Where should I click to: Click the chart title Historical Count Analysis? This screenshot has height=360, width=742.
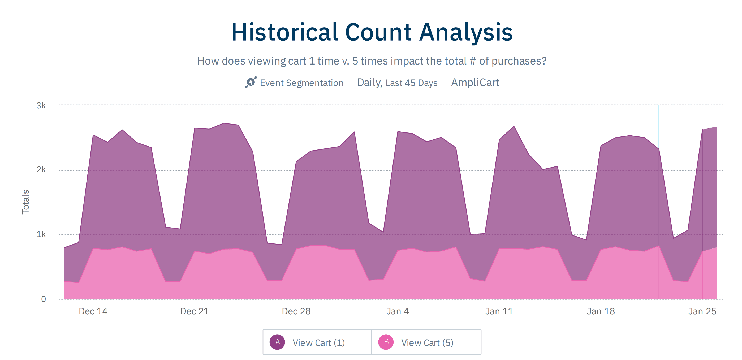coord(372,32)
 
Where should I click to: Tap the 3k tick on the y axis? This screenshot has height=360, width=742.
coord(41,105)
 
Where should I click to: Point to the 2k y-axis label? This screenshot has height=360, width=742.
coord(41,169)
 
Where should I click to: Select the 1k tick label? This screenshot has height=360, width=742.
coord(41,234)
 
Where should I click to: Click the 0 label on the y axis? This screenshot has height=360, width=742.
coord(44,299)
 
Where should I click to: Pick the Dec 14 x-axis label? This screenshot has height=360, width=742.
coord(93,311)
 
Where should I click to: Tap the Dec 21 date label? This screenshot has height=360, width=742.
coord(195,311)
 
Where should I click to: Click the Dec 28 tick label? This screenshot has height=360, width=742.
coord(296,311)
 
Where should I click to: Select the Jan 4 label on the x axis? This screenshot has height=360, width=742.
coord(398,311)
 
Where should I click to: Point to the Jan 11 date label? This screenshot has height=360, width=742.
coord(499,311)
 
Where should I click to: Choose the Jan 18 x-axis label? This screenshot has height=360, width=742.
coord(601,311)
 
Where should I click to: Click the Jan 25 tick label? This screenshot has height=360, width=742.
coord(702,311)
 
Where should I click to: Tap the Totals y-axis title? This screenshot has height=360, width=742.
coord(25,202)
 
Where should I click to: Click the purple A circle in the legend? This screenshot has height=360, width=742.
coord(277,342)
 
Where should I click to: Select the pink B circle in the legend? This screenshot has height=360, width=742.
coord(386,342)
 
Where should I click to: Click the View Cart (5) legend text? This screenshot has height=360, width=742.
coord(427,343)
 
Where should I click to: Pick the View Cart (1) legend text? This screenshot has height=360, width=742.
coord(318,343)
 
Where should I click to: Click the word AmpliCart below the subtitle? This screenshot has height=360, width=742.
coord(475,83)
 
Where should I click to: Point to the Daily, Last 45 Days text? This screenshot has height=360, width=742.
coord(397,83)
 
